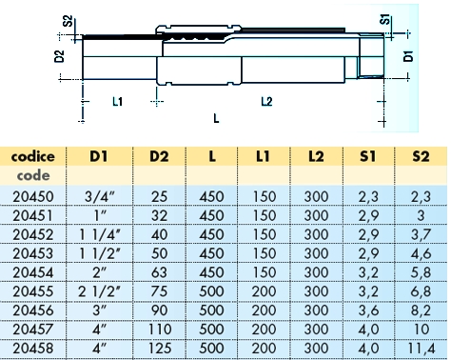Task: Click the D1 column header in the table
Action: point(99,156)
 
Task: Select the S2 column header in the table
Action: point(421,156)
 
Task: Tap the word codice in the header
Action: point(32,156)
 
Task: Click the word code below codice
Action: point(33,175)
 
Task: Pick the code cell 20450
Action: point(33,196)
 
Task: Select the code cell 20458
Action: point(33,349)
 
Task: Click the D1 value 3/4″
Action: point(99,196)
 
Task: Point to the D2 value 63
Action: point(159,272)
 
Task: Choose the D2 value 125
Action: point(159,349)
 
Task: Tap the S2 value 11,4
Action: point(422,349)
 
